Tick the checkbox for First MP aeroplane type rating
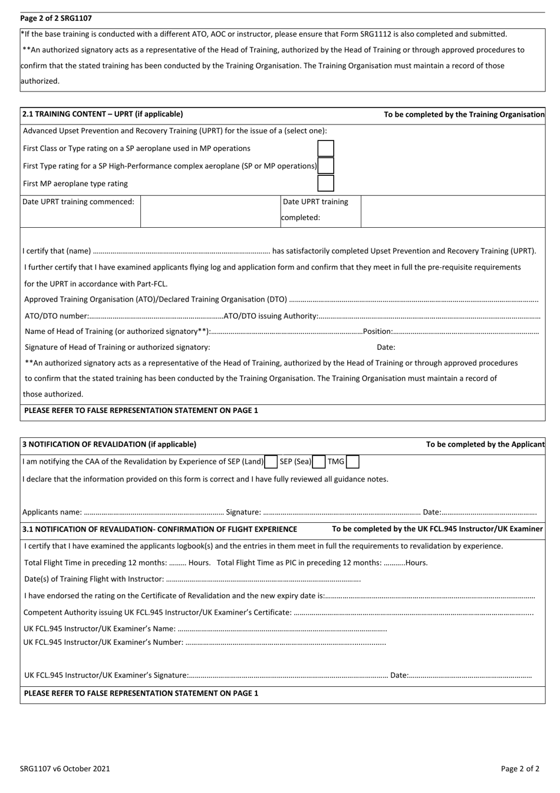(325, 183)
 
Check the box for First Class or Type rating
(325, 149)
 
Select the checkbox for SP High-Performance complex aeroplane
(325, 166)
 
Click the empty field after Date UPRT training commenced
(210, 210)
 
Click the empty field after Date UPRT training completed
(452, 210)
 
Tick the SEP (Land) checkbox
(271, 462)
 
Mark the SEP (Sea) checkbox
(319, 462)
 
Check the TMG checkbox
(353, 462)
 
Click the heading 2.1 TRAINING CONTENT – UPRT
(103, 114)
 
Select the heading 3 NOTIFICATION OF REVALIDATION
(109, 444)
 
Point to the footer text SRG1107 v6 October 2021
(65, 768)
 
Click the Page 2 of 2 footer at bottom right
(520, 768)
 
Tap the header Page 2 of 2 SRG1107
(56, 19)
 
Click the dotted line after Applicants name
(153, 513)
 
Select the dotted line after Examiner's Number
(286, 643)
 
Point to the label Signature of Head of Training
(117, 348)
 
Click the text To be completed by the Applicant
(485, 444)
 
